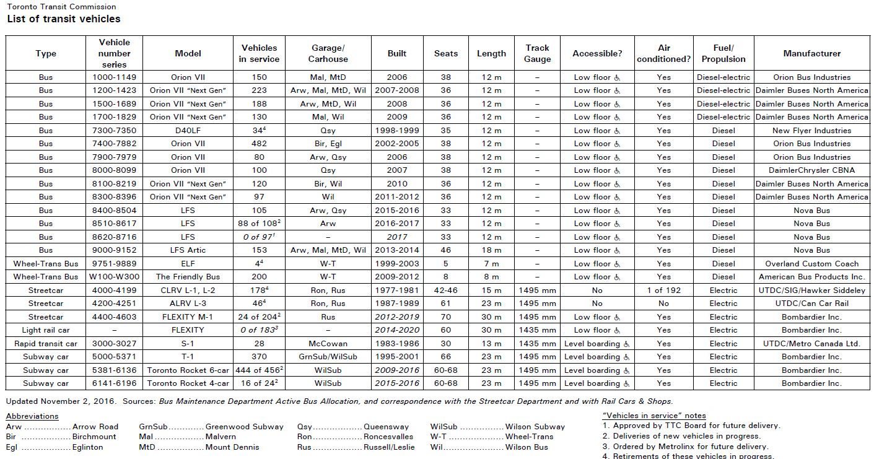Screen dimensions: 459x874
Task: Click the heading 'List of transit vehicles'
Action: click(x=64, y=19)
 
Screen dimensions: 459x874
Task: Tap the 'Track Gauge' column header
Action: click(x=537, y=53)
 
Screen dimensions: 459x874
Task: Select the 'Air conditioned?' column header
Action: click(x=664, y=53)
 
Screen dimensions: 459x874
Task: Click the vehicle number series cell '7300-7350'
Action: click(x=115, y=131)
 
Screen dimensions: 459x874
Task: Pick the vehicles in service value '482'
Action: click(x=260, y=144)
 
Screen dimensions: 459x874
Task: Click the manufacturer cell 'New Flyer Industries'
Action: click(x=811, y=131)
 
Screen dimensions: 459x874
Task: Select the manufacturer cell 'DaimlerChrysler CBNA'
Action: click(x=811, y=170)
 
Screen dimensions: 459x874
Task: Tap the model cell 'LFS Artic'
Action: click(x=188, y=250)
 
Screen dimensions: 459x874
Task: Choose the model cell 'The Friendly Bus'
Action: click(x=188, y=277)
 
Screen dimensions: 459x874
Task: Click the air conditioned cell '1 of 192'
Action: click(x=664, y=290)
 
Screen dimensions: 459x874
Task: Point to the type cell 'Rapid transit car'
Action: click(x=46, y=343)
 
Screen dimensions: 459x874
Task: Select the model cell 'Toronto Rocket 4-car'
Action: click(x=188, y=383)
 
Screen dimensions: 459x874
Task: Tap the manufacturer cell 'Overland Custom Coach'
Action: click(x=811, y=263)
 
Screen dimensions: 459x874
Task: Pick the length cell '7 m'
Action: click(x=491, y=263)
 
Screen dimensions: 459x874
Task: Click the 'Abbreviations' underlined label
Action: click(x=32, y=416)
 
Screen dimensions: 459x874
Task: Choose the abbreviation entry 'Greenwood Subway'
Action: click(x=244, y=426)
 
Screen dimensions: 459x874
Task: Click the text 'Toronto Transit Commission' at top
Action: click(x=61, y=7)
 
